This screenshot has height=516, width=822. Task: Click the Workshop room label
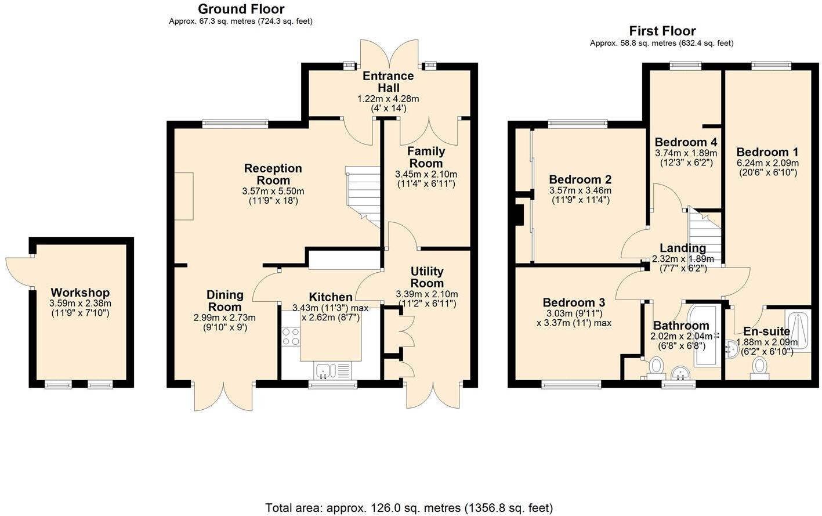(x=80, y=293)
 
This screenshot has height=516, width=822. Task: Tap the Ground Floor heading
(x=241, y=9)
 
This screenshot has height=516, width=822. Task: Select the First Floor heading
(x=662, y=31)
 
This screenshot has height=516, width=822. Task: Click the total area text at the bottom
(x=409, y=508)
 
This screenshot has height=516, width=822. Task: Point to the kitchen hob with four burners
(x=291, y=337)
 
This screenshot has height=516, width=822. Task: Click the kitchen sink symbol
(x=323, y=370)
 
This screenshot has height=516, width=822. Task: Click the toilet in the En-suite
(x=760, y=367)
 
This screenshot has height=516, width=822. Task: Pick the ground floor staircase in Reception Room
(x=364, y=194)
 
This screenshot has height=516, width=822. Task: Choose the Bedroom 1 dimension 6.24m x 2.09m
(x=767, y=163)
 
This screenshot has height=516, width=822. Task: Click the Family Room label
(x=426, y=157)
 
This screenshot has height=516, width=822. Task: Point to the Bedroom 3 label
(x=574, y=302)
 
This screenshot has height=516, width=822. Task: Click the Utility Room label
(x=427, y=277)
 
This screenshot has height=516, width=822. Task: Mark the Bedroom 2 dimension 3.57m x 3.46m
(x=580, y=190)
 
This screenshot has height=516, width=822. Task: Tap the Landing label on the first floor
(x=683, y=248)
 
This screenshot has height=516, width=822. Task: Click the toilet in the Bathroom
(x=657, y=366)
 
